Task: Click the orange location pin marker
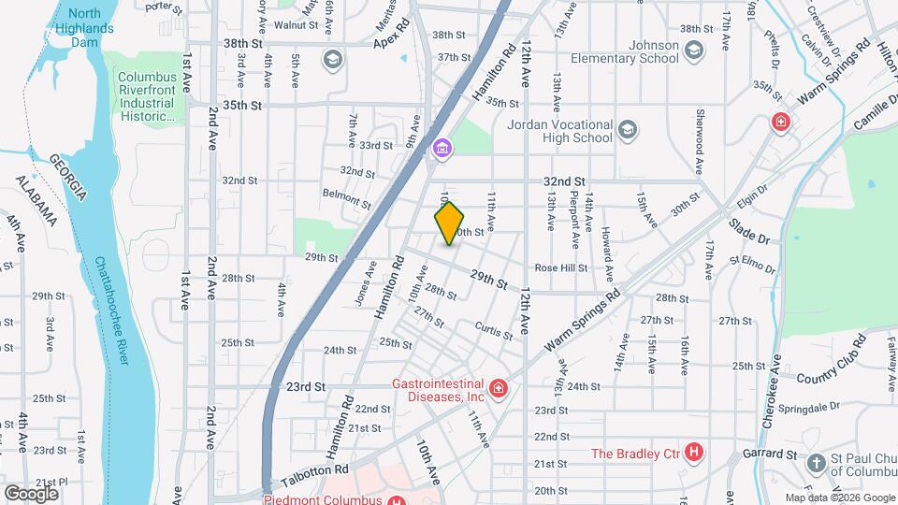pyautogui.click(x=450, y=223)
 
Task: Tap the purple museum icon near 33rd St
pyautogui.click(x=442, y=148)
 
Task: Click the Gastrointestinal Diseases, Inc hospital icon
pyautogui.click(x=498, y=387)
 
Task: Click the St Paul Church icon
pyautogui.click(x=817, y=463)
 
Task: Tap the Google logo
pyautogui.click(x=31, y=493)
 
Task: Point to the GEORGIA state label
pyautogui.click(x=68, y=178)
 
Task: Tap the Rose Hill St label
pyautogui.click(x=560, y=268)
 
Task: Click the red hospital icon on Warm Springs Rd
pyautogui.click(x=779, y=122)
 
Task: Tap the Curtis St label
pyautogui.click(x=494, y=330)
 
